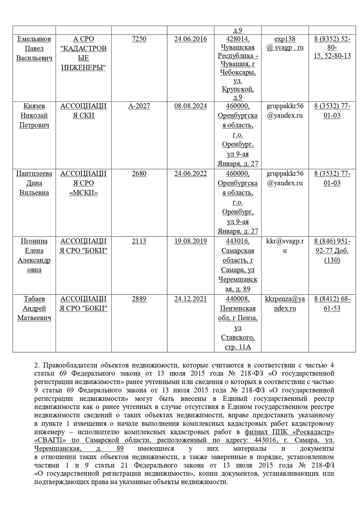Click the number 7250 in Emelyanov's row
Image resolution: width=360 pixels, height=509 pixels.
point(139,39)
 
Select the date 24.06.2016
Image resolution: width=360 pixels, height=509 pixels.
point(190,39)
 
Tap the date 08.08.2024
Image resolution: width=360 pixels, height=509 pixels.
point(190,106)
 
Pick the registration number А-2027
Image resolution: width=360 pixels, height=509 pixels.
point(139,106)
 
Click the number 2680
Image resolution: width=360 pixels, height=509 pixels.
point(139,173)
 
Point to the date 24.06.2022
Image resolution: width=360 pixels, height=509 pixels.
point(190,173)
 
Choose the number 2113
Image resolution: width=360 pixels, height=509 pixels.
point(139,241)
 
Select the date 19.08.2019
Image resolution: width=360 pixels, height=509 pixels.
point(190,241)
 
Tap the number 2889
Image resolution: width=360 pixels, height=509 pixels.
point(139,299)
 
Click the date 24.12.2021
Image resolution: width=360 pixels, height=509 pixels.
point(190,299)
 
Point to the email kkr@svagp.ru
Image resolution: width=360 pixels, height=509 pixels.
point(285,246)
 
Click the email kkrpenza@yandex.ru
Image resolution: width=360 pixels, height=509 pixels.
point(285,303)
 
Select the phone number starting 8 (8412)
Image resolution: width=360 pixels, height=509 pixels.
point(332,303)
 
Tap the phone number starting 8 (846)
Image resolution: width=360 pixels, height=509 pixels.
point(332,250)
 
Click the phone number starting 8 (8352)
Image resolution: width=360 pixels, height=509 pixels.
point(332,47)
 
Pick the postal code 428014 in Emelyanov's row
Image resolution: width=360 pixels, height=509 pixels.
point(238,39)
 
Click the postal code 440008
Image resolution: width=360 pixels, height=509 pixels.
point(238,299)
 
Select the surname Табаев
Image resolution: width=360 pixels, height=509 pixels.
point(34,299)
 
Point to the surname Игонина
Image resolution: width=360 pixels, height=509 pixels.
point(34,241)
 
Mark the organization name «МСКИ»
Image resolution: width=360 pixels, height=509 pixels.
point(83,193)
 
